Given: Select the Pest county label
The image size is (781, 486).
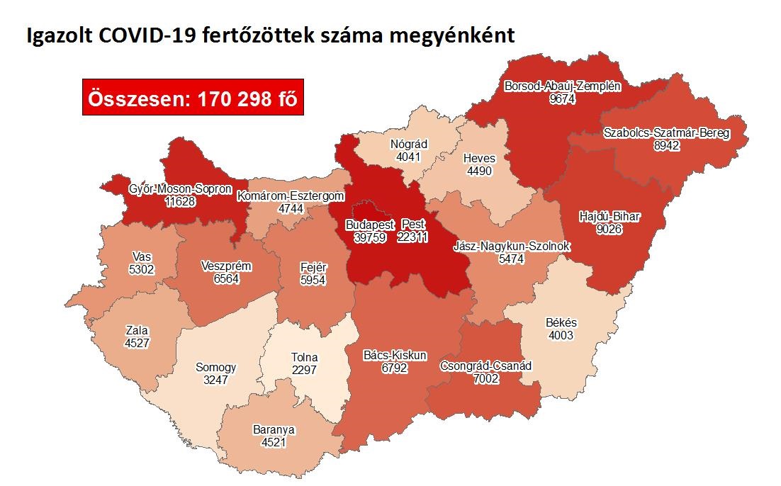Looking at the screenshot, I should tap(412, 225).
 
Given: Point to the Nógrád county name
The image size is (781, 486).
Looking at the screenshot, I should tap(409, 145).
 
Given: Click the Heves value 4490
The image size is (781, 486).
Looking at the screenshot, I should tap(479, 171).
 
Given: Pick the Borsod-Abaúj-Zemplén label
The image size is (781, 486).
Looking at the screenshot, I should tap(562, 87).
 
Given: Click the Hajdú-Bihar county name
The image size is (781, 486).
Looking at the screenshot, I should tap(600, 216).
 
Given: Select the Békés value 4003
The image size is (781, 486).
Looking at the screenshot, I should tap(562, 335).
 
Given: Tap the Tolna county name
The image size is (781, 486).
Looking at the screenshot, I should tap(304, 357).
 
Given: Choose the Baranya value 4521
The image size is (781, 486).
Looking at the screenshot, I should tap(274, 441).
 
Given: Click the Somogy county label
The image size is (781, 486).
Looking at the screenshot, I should tap(215, 368).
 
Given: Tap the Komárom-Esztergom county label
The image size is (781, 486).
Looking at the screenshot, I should tap(291, 196).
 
